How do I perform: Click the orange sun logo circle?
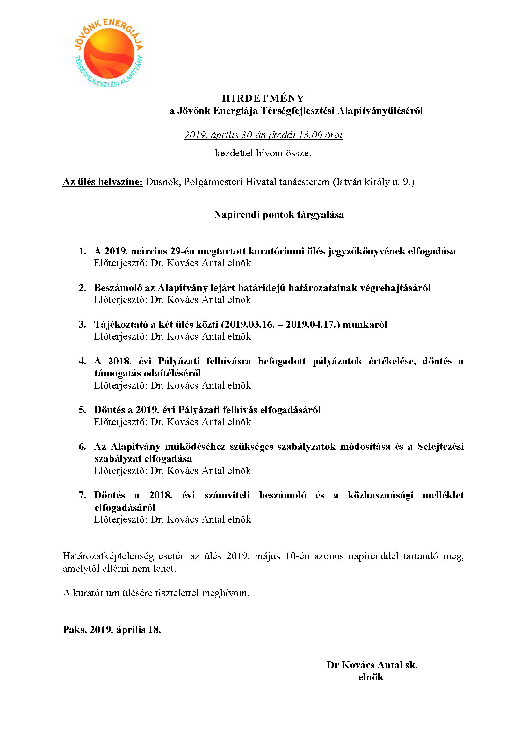(109, 54)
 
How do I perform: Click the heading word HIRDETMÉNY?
(263, 98)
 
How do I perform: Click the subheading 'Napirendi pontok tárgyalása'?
(279, 214)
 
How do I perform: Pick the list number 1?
(82, 251)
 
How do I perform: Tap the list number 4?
(82, 361)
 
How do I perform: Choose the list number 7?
(82, 495)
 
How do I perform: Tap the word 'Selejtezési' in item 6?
(440, 447)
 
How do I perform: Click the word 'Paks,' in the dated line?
(75, 629)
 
